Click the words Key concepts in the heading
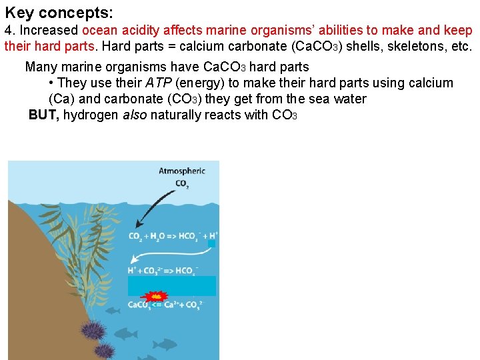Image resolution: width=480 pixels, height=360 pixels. [x=58, y=12]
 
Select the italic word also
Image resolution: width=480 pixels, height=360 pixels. [x=133, y=115]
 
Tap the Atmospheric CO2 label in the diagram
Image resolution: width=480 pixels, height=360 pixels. [x=181, y=176]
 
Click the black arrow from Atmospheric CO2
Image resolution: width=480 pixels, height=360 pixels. [x=155, y=207]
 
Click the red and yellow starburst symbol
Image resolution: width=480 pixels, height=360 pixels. [x=155, y=296]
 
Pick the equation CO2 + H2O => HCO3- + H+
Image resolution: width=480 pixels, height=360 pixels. [x=173, y=236]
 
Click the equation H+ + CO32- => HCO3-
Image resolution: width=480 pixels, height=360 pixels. [x=164, y=271]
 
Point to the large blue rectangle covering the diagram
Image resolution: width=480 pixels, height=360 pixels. [x=172, y=285]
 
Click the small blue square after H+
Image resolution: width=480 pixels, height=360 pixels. [x=211, y=244]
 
